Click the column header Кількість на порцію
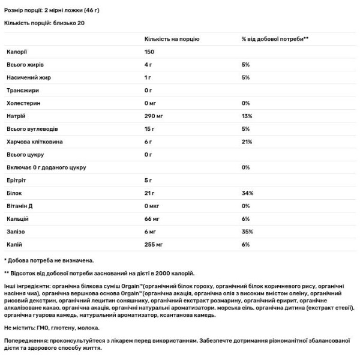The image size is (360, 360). tap(172, 38)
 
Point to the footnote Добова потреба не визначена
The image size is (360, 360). tap(50, 261)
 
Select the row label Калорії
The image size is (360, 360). tap(17, 52)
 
